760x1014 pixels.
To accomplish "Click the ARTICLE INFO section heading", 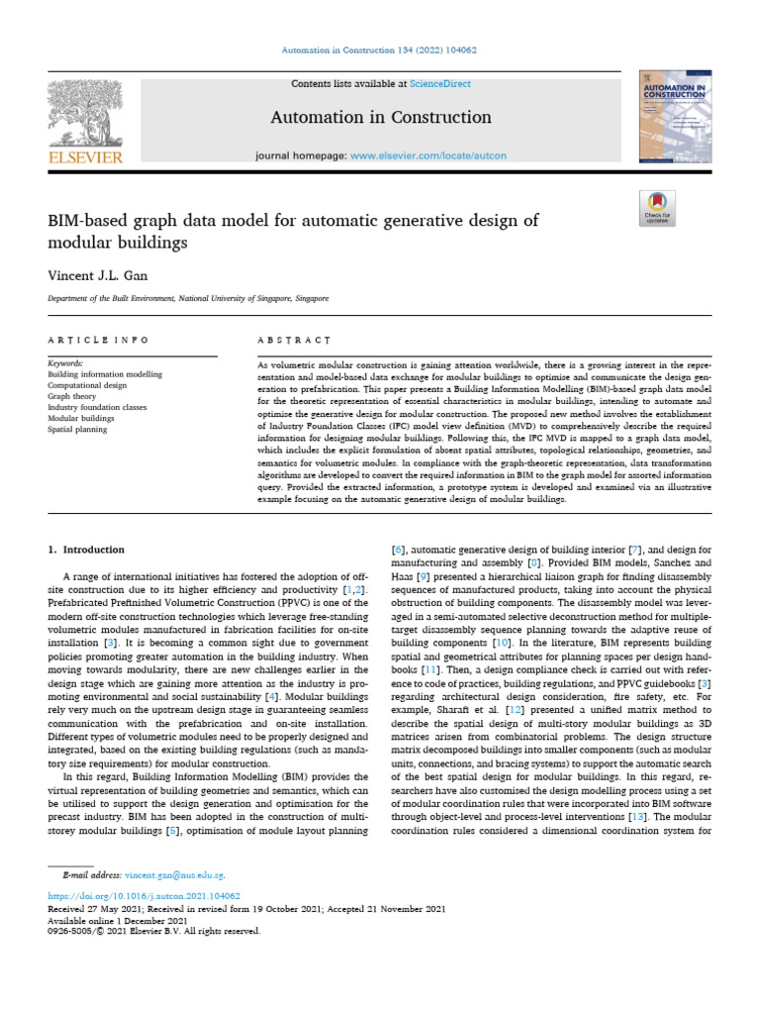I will pyautogui.click(x=98, y=340).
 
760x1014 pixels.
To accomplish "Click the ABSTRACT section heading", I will pyautogui.click(x=294, y=340).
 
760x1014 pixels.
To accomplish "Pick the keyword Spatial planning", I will pyautogui.click(x=77, y=430).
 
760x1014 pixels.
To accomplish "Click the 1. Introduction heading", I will pyautogui.click(x=87, y=549).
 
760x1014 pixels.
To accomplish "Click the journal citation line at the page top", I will pyautogui.click(x=380, y=51).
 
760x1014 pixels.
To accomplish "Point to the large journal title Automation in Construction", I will pyautogui.click(x=381, y=118).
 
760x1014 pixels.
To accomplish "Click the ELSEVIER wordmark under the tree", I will pyautogui.click(x=85, y=156).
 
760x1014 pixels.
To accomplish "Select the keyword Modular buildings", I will pyautogui.click(x=81, y=419).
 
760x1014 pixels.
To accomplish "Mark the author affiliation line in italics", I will pyautogui.click(x=189, y=298).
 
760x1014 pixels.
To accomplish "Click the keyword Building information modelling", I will pyautogui.click(x=105, y=375).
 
